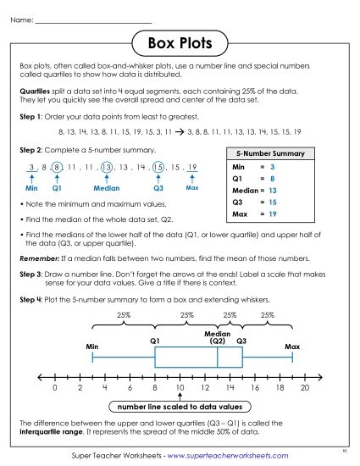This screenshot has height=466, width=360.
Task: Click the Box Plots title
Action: pos(180,42)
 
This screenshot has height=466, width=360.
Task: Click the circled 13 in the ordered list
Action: pos(107,167)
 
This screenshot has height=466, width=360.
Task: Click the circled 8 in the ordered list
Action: pos(56,167)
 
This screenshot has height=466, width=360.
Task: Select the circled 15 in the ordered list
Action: pos(158,167)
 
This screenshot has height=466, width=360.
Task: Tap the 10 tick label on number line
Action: pos(180,387)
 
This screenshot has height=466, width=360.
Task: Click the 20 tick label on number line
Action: pos(305,387)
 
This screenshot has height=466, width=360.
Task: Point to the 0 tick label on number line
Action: pos(54,387)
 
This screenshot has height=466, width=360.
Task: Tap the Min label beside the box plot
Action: pos(92,347)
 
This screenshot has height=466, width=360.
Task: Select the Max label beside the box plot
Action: pos(292,347)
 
